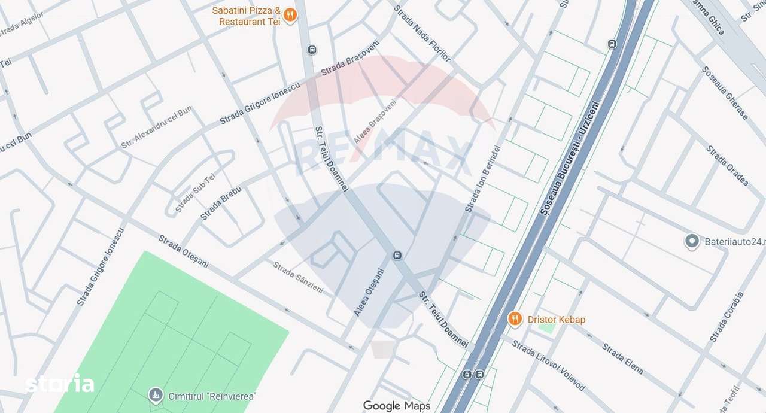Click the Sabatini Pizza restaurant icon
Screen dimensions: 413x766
pyautogui.click(x=290, y=16)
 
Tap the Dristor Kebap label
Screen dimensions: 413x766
pyautogui.click(x=556, y=320)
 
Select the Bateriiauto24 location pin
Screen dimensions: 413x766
pyautogui.click(x=692, y=242)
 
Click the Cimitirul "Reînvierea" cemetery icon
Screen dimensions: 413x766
pyautogui.click(x=156, y=396)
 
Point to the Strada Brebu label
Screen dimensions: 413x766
pyautogui.click(x=221, y=203)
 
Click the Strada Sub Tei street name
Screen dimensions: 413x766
pyautogui.click(x=194, y=193)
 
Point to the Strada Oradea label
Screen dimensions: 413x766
pyautogui.click(x=727, y=165)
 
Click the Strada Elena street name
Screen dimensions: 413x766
pyautogui.click(x=622, y=359)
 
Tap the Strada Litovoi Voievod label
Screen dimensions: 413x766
pyautogui.click(x=548, y=365)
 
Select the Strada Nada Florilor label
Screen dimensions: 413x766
pyautogui.click(x=422, y=32)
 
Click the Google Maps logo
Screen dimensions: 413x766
pyautogui.click(x=396, y=406)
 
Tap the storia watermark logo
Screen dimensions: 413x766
pyautogui.click(x=59, y=384)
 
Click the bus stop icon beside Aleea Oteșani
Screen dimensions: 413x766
pyautogui.click(x=397, y=256)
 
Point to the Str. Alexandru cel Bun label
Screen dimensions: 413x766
pyautogui.click(x=156, y=127)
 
